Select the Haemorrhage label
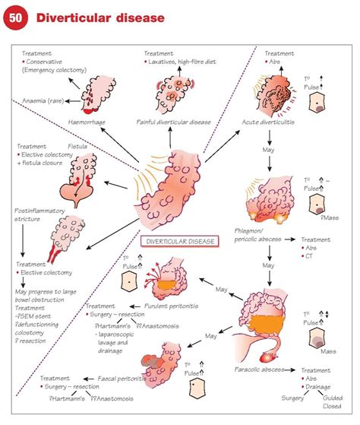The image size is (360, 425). pyautogui.click(x=88, y=119)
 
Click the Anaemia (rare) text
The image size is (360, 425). pyautogui.click(x=42, y=100)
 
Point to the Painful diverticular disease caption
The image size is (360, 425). pyautogui.click(x=175, y=122)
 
